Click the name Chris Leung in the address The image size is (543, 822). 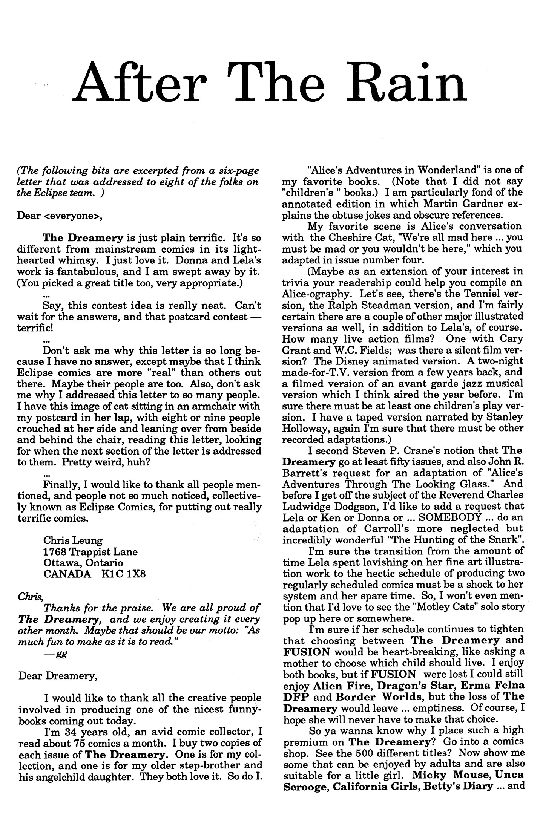tap(73, 540)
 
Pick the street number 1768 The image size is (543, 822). tap(55, 552)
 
